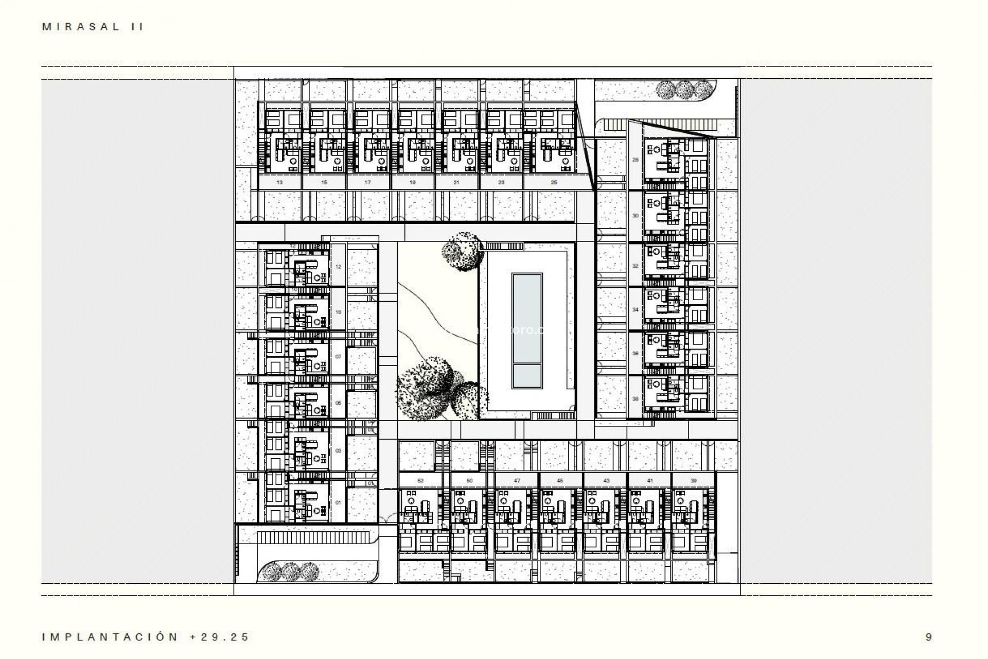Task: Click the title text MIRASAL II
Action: tap(93, 27)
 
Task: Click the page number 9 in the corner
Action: tap(928, 637)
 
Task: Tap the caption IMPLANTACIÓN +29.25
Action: tap(146, 637)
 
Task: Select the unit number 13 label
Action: tap(279, 182)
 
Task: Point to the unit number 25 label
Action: tap(554, 182)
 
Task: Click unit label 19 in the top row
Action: tap(413, 182)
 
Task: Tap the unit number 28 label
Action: tap(635, 160)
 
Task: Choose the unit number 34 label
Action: tap(635, 310)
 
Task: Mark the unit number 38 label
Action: tap(635, 398)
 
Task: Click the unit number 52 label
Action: tap(420, 480)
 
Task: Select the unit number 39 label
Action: tap(694, 480)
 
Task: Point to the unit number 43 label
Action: tap(606, 480)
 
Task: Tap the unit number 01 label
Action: tap(338, 502)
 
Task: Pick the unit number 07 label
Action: tap(338, 356)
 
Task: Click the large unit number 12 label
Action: tap(338, 267)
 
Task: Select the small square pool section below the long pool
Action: tap(527, 376)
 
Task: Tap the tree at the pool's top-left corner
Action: tap(463, 251)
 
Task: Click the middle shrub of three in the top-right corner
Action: tap(684, 90)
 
